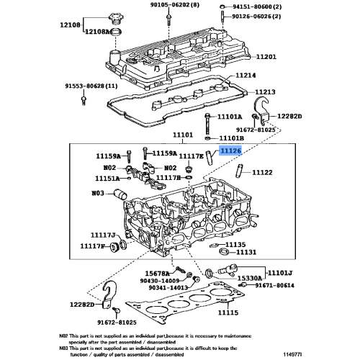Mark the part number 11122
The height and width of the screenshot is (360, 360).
pyautogui.click(x=261, y=173)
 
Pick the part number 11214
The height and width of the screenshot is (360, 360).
pyautogui.click(x=245, y=75)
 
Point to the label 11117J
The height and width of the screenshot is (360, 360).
pyautogui.click(x=103, y=235)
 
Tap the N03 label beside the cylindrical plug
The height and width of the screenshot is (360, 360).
pyautogui.click(x=98, y=193)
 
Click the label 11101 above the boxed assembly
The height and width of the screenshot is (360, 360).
pyautogui.click(x=183, y=135)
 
